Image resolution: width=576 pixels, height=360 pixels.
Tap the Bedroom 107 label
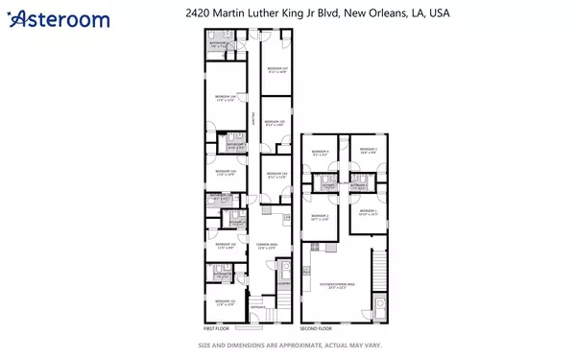click(276, 70)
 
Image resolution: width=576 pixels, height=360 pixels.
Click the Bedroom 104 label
click(226, 173)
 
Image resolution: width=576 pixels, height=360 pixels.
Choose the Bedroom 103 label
click(276, 174)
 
